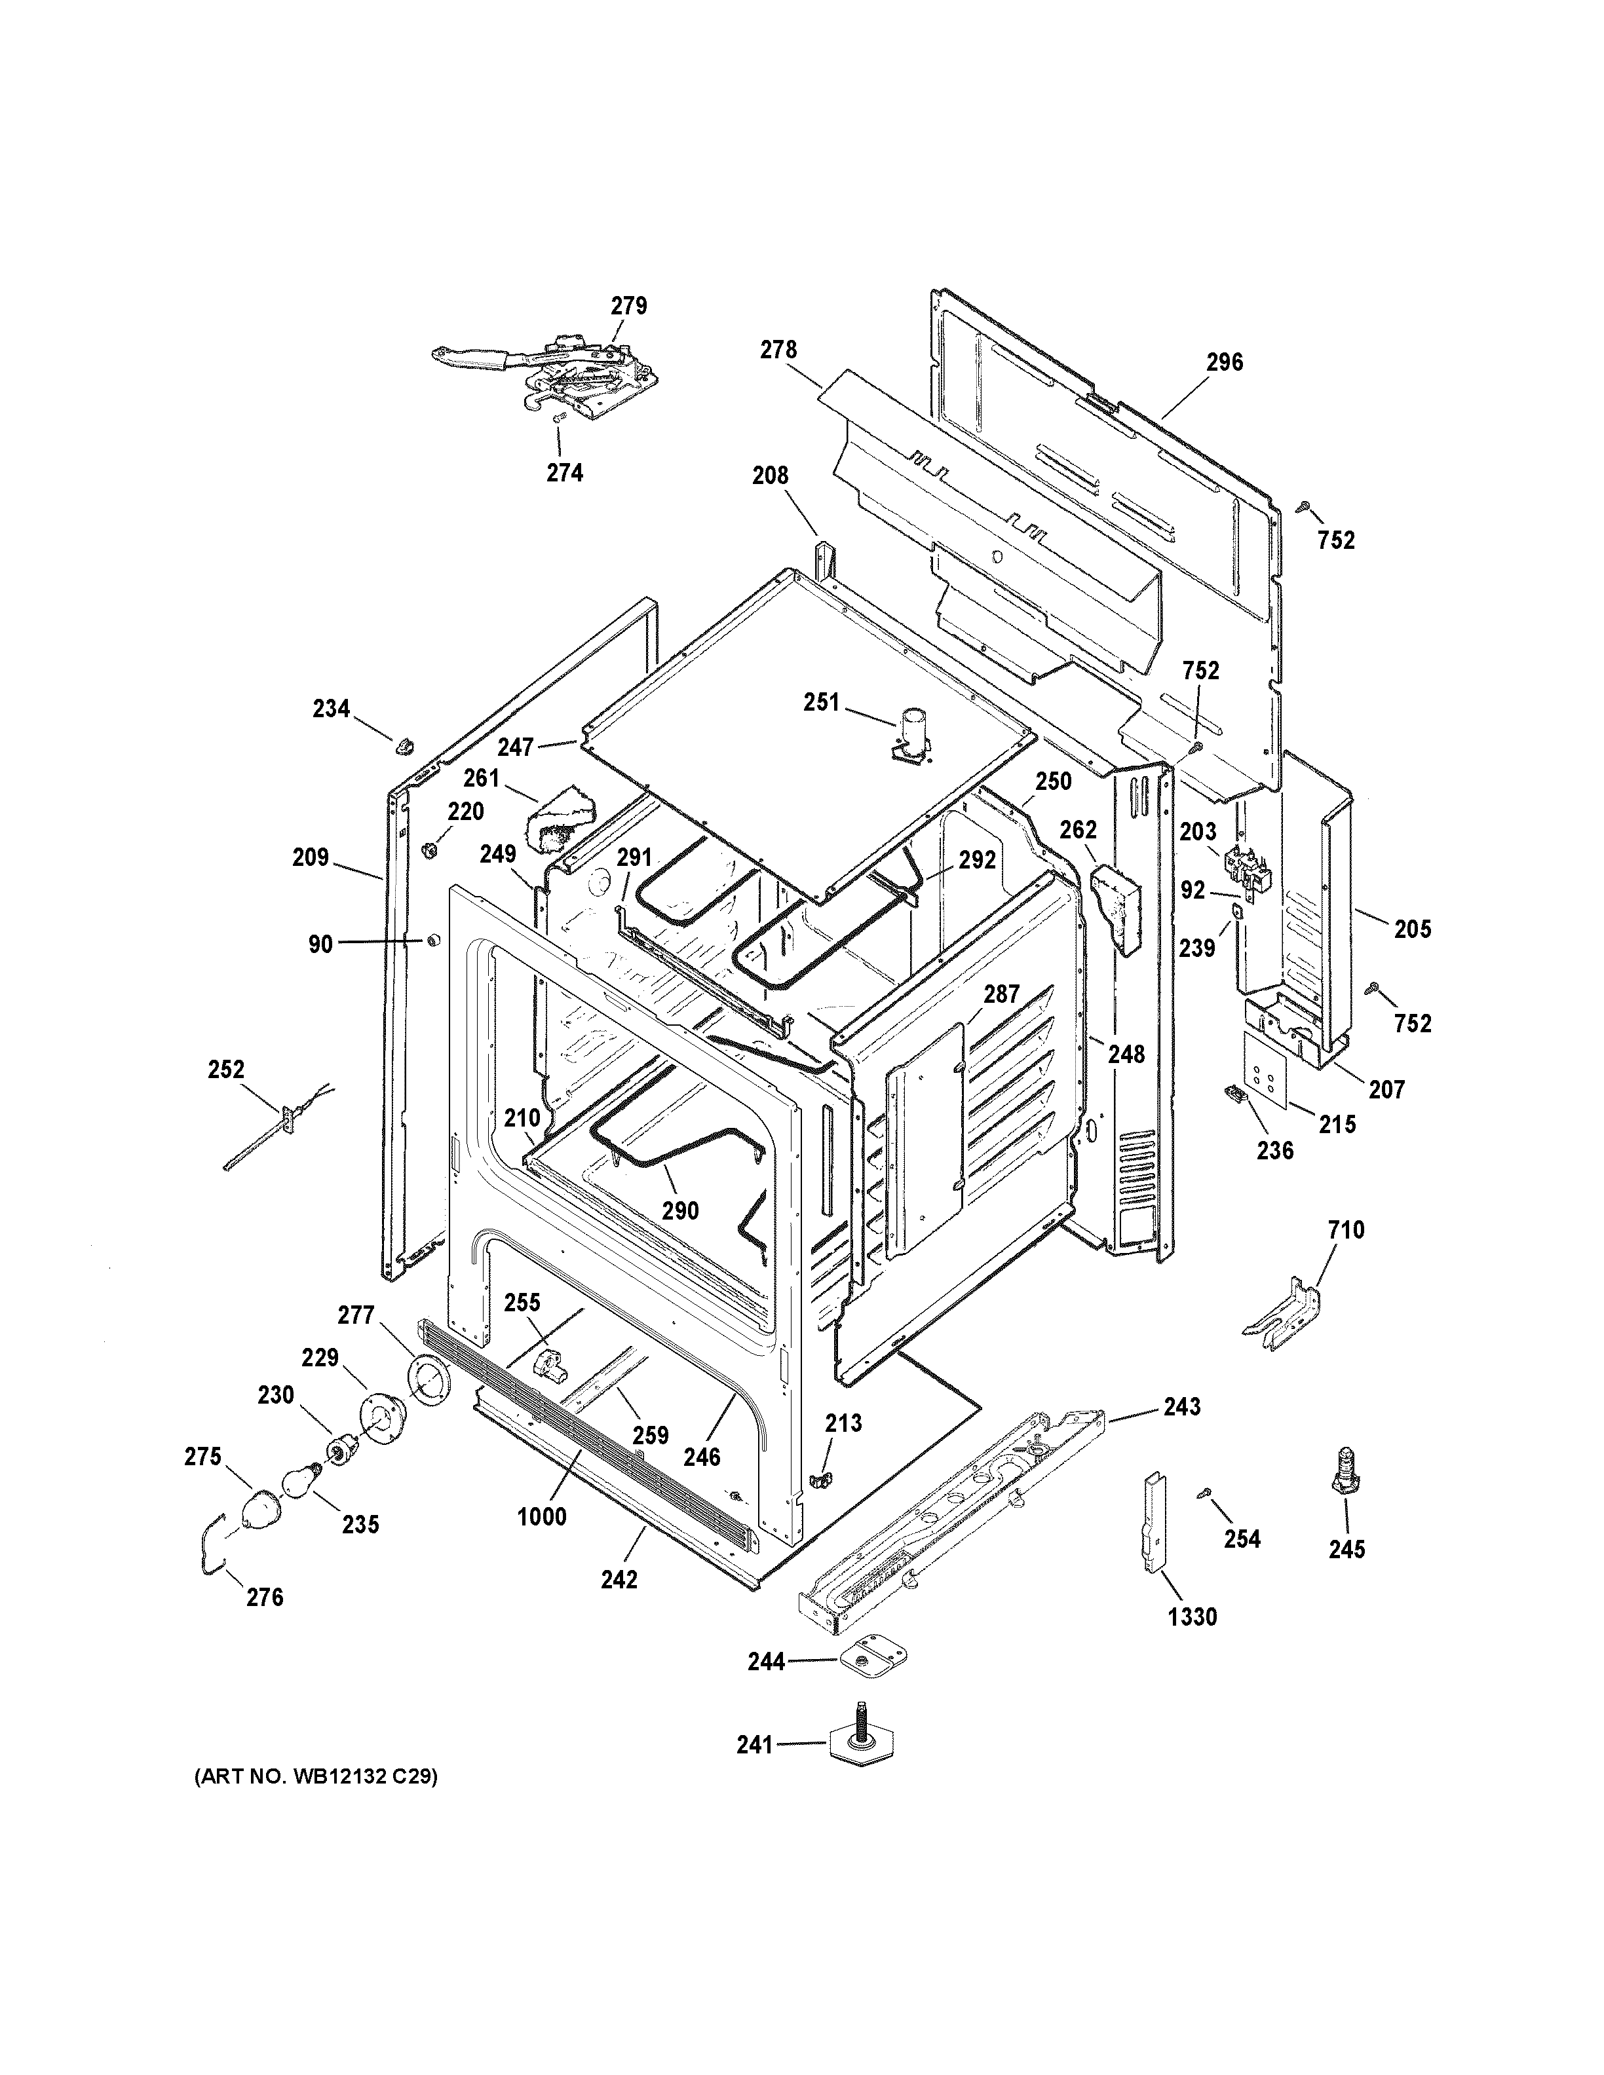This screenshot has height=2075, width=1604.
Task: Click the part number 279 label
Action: click(x=628, y=306)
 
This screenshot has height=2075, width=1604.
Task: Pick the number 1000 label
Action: click(x=542, y=1516)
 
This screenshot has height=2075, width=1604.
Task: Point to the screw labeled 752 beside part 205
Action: click(x=1371, y=989)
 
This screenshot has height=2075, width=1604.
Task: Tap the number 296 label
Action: click(x=1224, y=362)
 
